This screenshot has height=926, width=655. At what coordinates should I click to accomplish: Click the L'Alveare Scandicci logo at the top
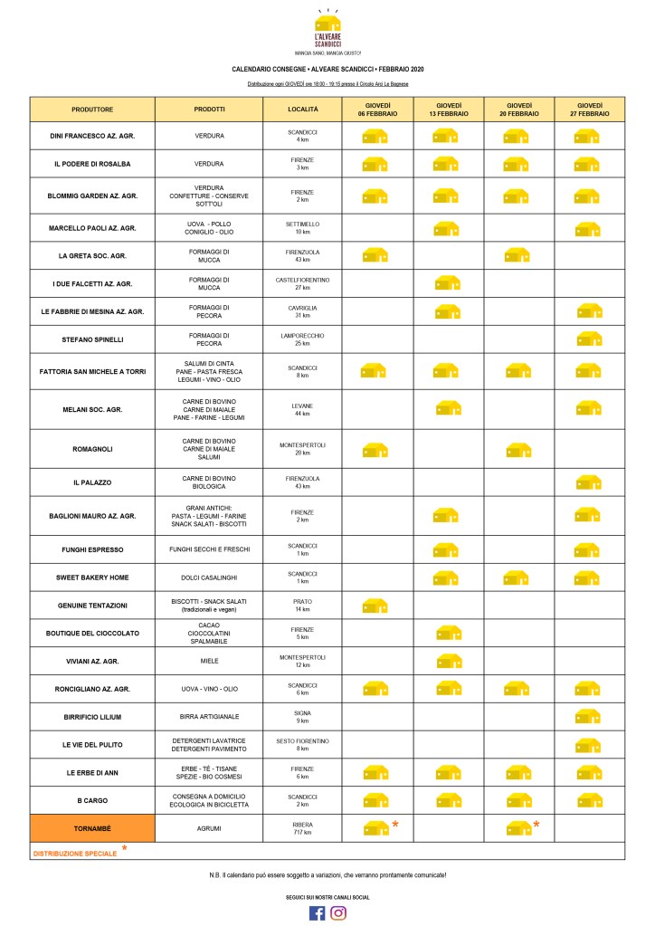tap(327, 29)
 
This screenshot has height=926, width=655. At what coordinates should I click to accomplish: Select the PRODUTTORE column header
tap(91, 110)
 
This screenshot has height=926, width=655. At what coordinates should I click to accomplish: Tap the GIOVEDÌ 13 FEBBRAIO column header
tap(448, 110)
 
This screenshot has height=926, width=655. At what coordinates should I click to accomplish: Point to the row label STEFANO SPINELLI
tap(91, 340)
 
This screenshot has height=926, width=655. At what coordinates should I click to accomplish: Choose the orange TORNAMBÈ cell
tap(91, 828)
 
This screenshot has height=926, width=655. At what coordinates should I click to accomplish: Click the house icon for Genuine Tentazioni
tap(375, 605)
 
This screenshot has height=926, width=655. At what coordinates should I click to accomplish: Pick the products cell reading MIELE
tap(209, 661)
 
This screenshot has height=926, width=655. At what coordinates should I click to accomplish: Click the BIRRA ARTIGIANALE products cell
tap(209, 717)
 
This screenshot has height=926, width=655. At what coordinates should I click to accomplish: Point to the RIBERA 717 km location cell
tap(302, 828)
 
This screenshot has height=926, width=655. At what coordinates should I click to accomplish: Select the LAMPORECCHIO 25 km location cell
tap(302, 340)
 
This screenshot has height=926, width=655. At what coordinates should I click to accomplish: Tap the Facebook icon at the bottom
tap(317, 912)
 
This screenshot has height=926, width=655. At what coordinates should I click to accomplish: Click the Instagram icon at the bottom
tap(338, 912)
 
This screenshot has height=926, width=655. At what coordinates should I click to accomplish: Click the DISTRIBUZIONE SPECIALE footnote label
tap(75, 853)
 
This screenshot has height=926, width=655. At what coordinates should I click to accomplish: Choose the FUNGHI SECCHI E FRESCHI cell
tap(209, 549)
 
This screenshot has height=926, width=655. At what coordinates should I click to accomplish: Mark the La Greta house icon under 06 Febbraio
tap(375, 255)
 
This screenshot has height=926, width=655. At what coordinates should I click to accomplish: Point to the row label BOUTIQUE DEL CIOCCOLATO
tap(91, 633)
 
